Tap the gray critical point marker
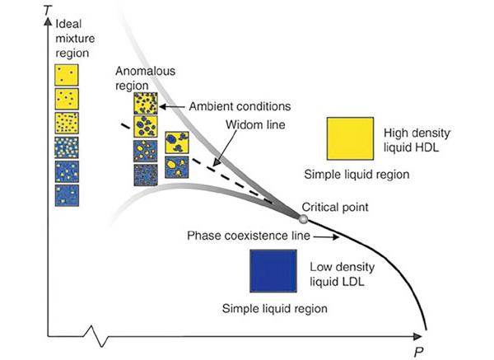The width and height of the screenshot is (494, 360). click(303, 218)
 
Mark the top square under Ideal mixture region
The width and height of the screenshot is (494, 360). click(67, 75)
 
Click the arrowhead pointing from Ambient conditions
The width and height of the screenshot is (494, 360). click(162, 106)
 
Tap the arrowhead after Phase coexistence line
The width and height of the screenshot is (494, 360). click(333, 237)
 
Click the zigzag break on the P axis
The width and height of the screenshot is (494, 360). click(100, 337)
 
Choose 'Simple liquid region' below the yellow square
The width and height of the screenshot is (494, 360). click(352, 175)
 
